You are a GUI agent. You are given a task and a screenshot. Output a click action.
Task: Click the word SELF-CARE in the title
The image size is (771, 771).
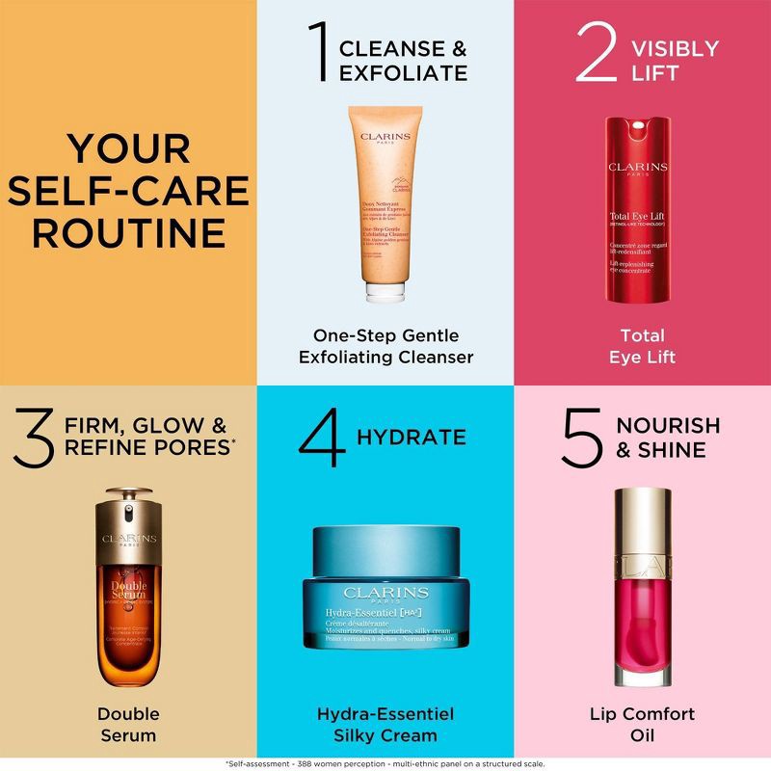[129, 190]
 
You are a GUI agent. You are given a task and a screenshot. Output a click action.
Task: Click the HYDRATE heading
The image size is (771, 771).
[412, 438]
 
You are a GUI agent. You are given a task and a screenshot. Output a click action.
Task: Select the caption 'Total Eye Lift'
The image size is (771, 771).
[642, 346]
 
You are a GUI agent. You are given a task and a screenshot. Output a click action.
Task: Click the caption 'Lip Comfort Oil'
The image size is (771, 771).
[642, 725]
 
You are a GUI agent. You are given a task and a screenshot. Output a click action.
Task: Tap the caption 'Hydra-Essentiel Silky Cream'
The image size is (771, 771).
[385, 725]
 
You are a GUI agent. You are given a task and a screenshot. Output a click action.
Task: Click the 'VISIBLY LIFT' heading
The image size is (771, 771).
[675, 60]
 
